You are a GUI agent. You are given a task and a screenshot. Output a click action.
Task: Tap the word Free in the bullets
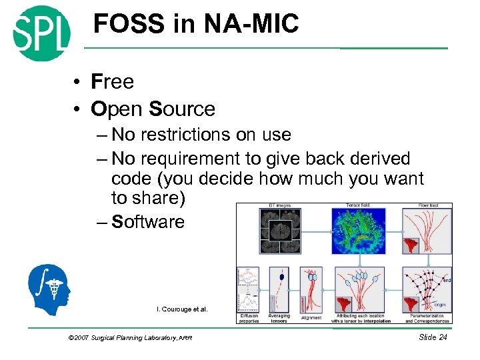(113, 82)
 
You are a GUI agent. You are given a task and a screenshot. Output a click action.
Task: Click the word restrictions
(181, 135)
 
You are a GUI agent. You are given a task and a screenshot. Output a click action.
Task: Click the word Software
(148, 222)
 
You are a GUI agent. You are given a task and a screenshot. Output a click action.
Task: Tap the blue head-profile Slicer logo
(49, 287)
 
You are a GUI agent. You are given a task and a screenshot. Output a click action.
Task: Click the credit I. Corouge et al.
(182, 309)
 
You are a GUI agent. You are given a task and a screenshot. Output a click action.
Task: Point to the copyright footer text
(130, 338)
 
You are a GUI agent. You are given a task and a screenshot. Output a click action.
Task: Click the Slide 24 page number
(433, 337)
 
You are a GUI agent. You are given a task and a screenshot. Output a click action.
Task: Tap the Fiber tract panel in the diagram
(427, 231)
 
